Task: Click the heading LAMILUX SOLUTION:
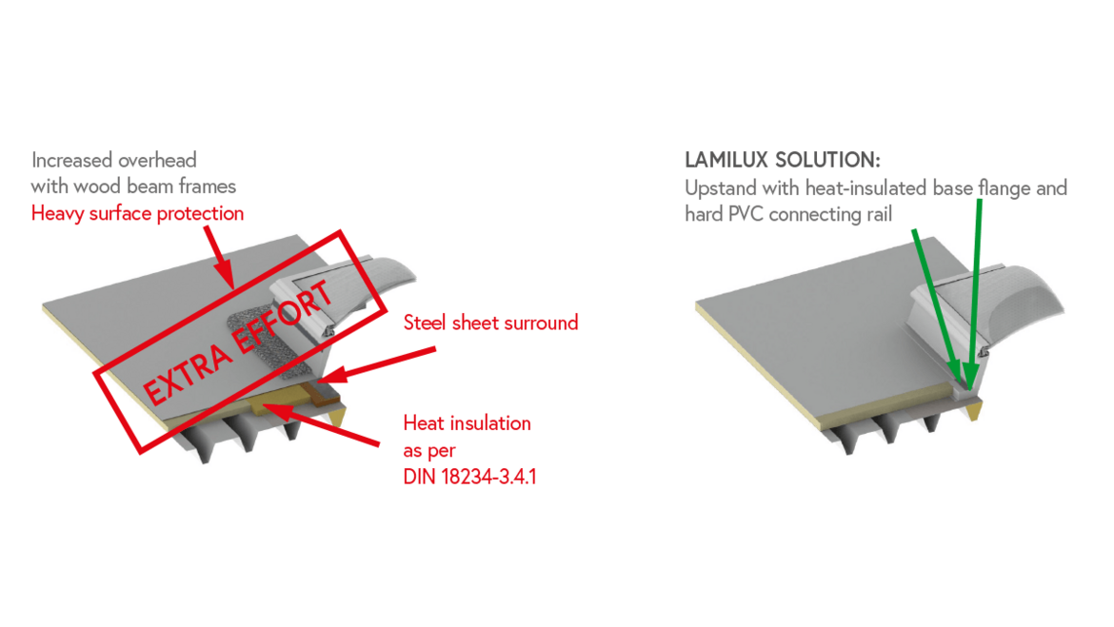(783, 160)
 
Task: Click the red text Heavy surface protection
(137, 213)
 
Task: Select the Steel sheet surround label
(490, 323)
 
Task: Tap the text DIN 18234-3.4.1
(469, 477)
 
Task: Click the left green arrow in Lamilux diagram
(933, 304)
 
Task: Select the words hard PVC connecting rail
(788, 214)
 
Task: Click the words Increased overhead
(113, 160)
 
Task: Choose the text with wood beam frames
(133, 186)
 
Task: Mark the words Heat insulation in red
(467, 422)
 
